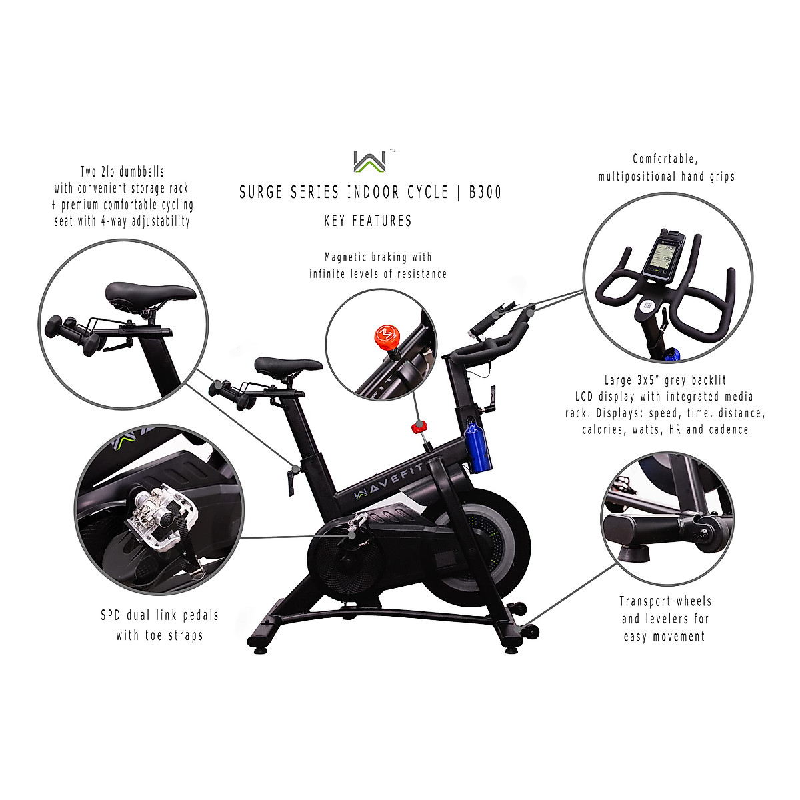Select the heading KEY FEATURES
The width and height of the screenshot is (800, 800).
click(367, 221)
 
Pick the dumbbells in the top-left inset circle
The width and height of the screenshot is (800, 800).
click(73, 333)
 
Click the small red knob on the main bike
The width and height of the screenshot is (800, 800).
click(419, 426)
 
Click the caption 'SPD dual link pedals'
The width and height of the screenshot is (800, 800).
click(159, 615)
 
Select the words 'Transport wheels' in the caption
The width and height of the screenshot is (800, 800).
click(665, 601)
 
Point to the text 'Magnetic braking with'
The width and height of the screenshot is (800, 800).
click(377, 257)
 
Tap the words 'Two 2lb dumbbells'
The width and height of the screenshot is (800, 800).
click(123, 171)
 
